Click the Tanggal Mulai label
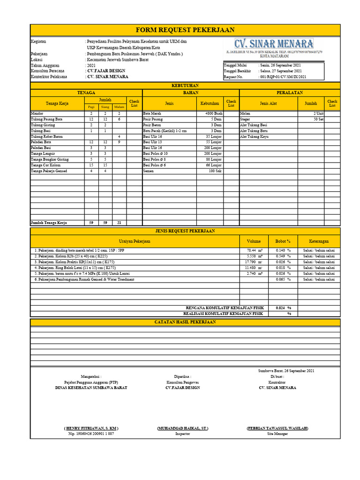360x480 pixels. pyautogui.click(x=236, y=66)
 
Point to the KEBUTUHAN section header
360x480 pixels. pyautogui.click(x=185, y=86)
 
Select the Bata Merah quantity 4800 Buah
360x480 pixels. pyautogui.click(x=214, y=114)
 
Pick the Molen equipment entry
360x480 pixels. pyautogui.click(x=245, y=114)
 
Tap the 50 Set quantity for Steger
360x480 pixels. pyautogui.click(x=318, y=120)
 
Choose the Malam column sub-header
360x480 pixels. pyautogui.click(x=119, y=107)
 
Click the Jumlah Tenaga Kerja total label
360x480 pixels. pyautogui.click(x=50, y=223)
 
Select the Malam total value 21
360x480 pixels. pyautogui.click(x=119, y=223)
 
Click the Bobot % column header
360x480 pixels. pyautogui.click(x=283, y=241)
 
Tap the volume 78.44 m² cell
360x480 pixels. pyautogui.click(x=255, y=251)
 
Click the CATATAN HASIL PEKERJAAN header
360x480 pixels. pyautogui.click(x=185, y=322)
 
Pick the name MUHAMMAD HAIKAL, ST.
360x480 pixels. pyautogui.click(x=183, y=428)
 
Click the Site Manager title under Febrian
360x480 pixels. pyautogui.click(x=277, y=434)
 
